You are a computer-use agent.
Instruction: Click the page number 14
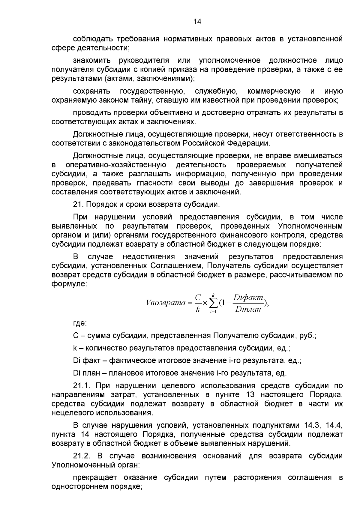(x=197, y=22)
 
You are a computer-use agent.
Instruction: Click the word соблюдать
(x=93, y=39)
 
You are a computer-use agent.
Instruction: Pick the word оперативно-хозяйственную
(x=116, y=165)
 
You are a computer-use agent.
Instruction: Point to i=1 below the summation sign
(x=213, y=312)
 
